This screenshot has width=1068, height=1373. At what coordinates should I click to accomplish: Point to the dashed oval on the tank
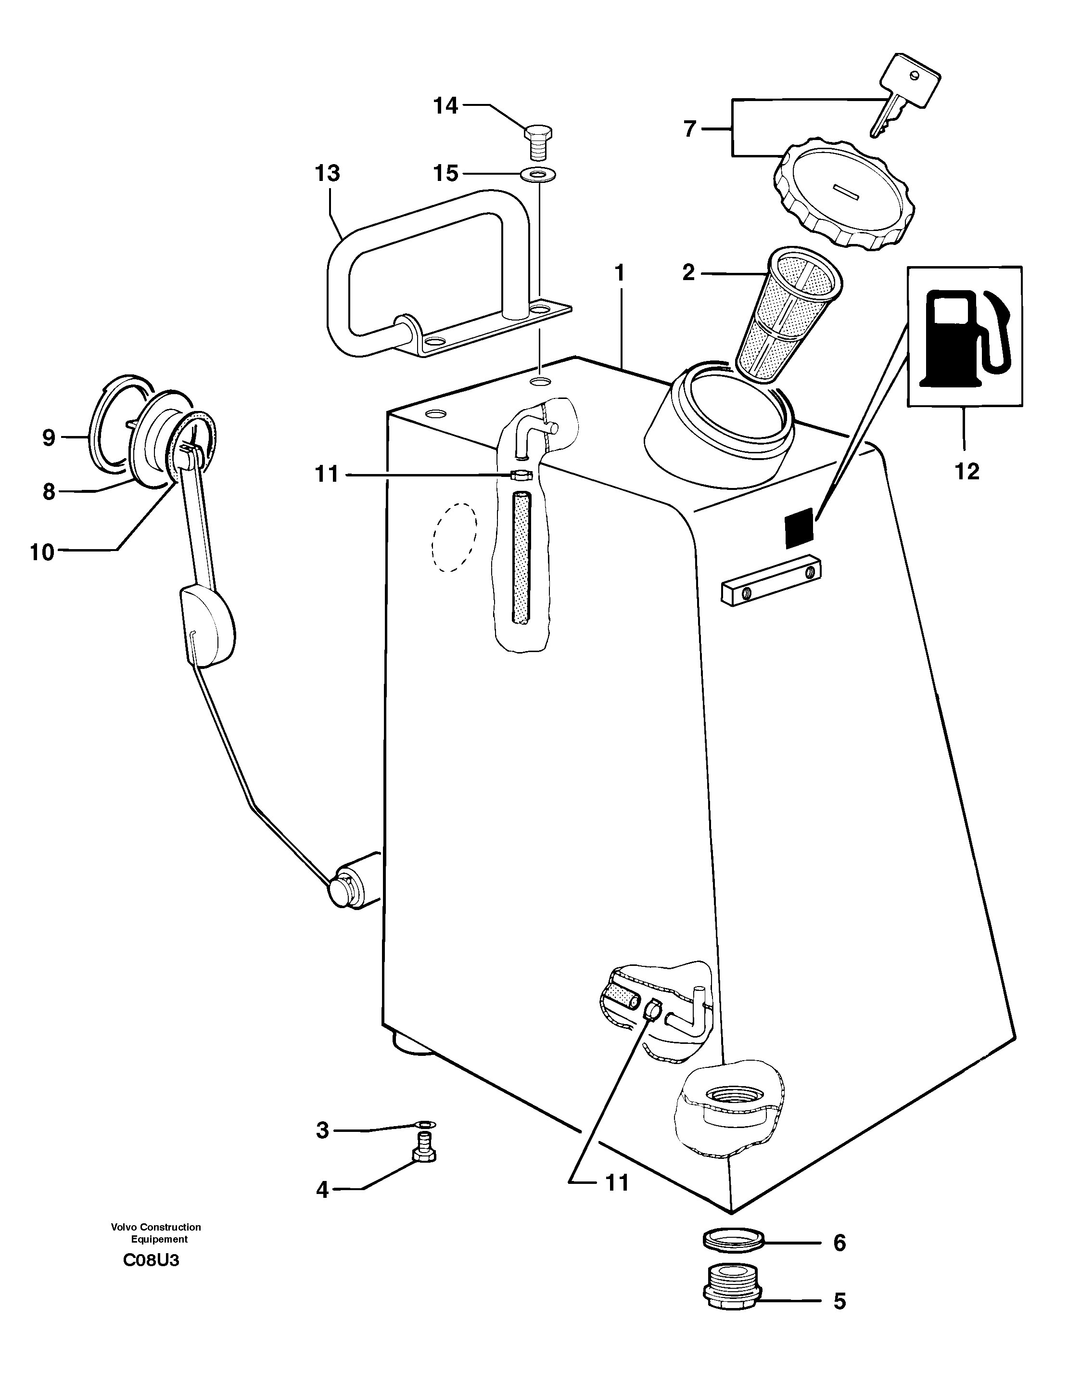point(454,538)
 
